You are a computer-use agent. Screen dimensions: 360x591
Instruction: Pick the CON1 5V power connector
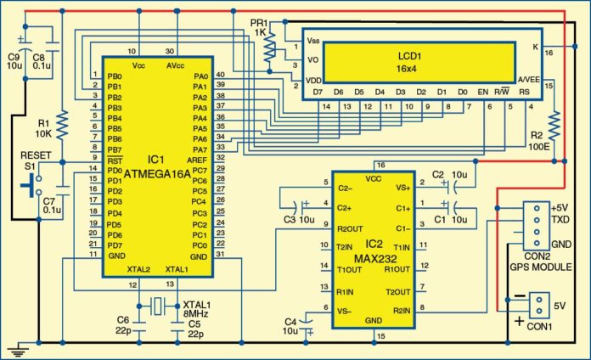537,305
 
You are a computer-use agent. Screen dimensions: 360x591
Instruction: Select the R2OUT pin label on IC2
350,228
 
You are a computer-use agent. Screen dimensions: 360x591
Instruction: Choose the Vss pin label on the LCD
313,40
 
